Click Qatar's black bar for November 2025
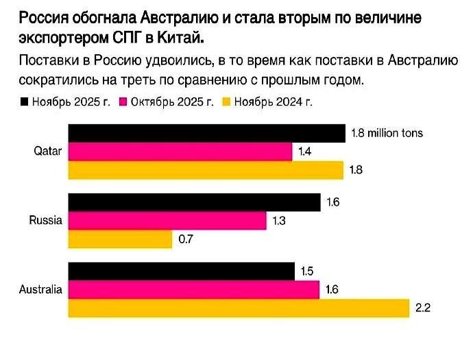coord(206,133)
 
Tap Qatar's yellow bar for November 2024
coord(206,169)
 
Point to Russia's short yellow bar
coord(120,239)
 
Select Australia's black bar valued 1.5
coord(181,272)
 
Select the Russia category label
coord(46,221)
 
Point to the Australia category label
coord(40,289)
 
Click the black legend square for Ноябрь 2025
coord(25,102)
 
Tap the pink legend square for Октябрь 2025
coord(125,102)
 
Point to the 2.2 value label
coord(423,308)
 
